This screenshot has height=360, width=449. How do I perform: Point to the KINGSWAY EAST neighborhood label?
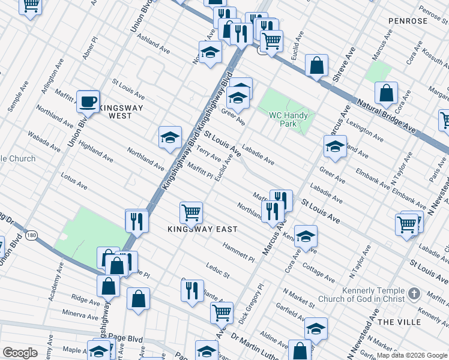click(x=202, y=229)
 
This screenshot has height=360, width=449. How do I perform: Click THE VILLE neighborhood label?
click(x=399, y=322)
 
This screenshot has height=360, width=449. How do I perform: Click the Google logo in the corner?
click(x=20, y=352)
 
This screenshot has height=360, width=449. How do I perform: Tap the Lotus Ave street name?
click(x=74, y=182)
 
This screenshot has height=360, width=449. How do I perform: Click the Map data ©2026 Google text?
click(x=412, y=355)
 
